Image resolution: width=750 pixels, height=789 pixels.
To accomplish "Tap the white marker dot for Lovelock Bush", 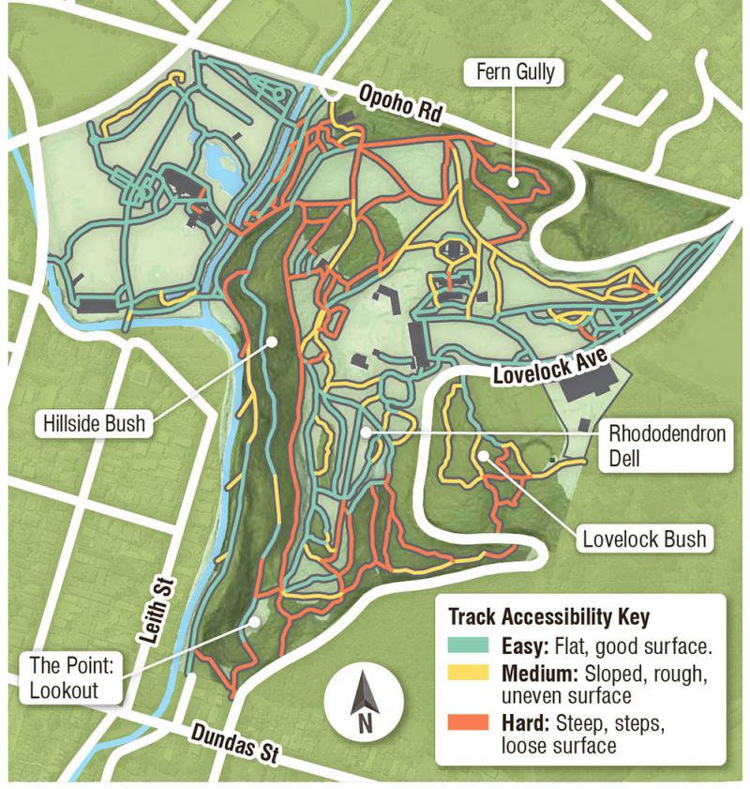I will point(484,455).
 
